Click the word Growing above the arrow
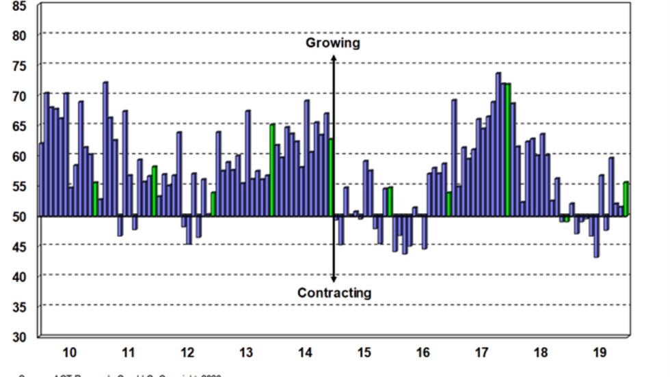click(332, 43)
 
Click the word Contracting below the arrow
click(334, 293)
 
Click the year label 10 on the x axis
click(69, 352)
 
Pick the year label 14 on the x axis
click(305, 352)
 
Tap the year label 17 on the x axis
click(482, 352)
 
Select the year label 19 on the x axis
click(600, 352)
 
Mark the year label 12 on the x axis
click(187, 352)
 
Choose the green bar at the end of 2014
click(331, 178)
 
